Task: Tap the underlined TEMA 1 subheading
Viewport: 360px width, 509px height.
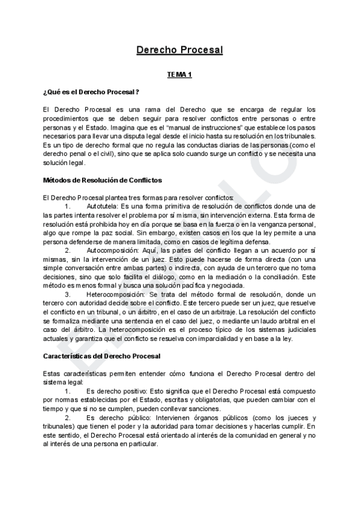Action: coord(179,74)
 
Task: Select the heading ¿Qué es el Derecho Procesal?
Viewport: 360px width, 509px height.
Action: coord(91,91)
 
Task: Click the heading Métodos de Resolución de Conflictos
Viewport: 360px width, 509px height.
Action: coord(103,180)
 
